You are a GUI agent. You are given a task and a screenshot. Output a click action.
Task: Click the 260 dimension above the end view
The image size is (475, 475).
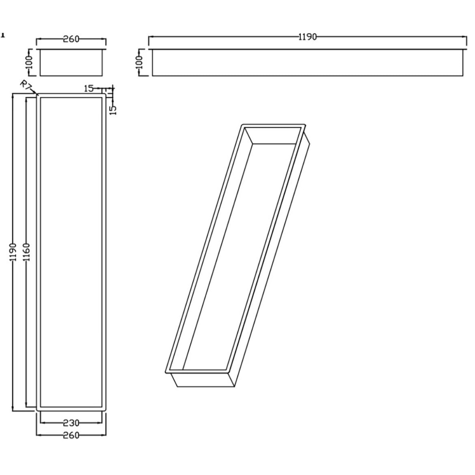[x=71, y=39]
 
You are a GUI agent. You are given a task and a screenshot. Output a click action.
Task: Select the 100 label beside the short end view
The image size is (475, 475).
[x=29, y=62]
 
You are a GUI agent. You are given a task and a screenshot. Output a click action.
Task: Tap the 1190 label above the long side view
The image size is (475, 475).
[x=308, y=37]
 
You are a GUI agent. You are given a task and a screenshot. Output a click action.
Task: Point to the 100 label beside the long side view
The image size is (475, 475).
[x=139, y=62]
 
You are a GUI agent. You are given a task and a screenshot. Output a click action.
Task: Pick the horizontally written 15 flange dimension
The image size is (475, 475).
[x=89, y=88]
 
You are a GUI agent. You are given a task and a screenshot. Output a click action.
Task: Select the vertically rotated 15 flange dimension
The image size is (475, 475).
[x=113, y=110]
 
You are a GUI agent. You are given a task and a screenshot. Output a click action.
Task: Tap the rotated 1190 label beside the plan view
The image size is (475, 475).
[x=13, y=252]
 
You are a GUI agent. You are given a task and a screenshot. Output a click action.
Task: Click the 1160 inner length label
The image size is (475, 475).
[x=27, y=252]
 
